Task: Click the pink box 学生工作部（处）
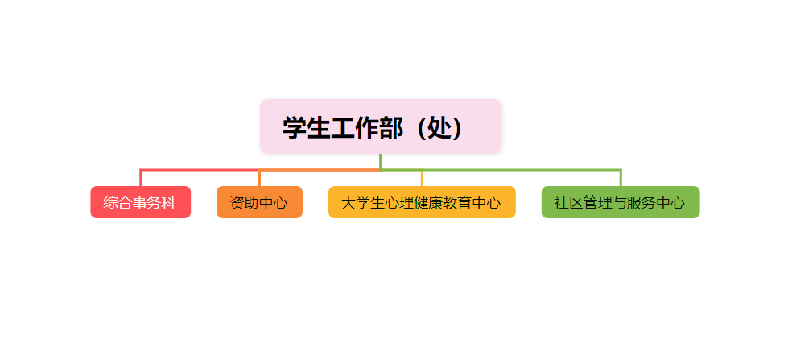pos(381,126)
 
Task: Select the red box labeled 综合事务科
pos(140,202)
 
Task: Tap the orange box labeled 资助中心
pos(259,202)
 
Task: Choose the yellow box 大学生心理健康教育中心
pos(422,202)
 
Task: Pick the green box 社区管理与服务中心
pos(620,202)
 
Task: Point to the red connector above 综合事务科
pos(141,178)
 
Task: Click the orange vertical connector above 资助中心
pos(259,178)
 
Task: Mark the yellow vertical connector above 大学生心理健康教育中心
pos(422,178)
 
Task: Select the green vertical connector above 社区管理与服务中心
pos(621,178)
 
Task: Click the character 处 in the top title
pos(442,127)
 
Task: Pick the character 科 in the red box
pos(169,203)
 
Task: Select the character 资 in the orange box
pos(237,203)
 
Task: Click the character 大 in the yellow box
pos(348,203)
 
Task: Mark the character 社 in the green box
pos(562,203)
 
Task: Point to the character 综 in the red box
pos(111,203)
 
